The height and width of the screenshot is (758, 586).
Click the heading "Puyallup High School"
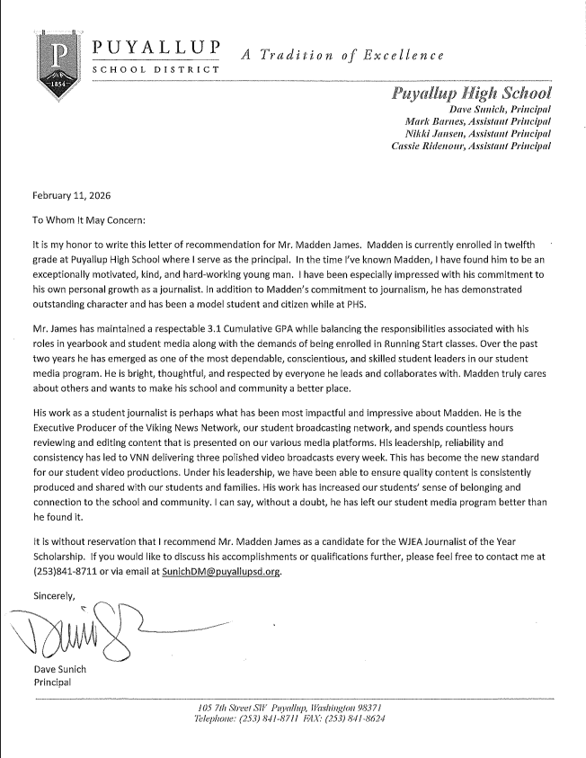tap(472, 93)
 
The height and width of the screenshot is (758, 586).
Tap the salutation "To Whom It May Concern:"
tap(88, 218)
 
